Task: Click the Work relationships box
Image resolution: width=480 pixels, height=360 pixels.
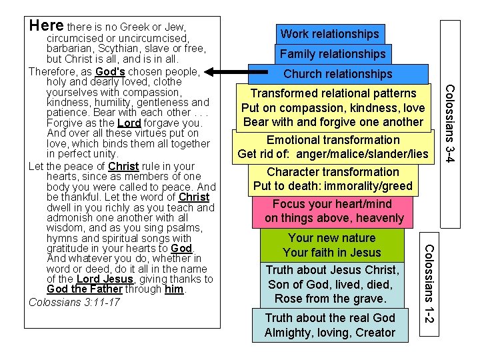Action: (x=329, y=33)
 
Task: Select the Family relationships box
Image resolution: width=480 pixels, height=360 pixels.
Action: (x=333, y=53)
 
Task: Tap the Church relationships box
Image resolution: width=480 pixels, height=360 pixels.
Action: (x=338, y=73)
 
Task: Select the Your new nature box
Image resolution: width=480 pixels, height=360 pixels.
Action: (x=332, y=245)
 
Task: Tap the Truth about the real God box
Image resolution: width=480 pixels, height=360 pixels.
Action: (x=330, y=325)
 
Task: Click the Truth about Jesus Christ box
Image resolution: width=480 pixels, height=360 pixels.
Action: (x=332, y=284)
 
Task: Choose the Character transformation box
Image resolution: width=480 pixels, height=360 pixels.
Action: (x=333, y=179)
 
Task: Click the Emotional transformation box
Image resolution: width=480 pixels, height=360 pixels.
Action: (x=333, y=147)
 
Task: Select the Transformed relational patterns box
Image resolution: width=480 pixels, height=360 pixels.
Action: (x=333, y=107)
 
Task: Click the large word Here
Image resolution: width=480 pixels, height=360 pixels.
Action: (x=47, y=26)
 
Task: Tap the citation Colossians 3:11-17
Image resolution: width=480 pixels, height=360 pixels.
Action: (x=73, y=302)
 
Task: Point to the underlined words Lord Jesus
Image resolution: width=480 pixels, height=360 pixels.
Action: (x=96, y=279)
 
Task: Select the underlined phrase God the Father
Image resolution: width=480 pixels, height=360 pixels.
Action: (x=85, y=289)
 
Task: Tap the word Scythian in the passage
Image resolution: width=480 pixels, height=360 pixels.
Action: (x=113, y=49)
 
